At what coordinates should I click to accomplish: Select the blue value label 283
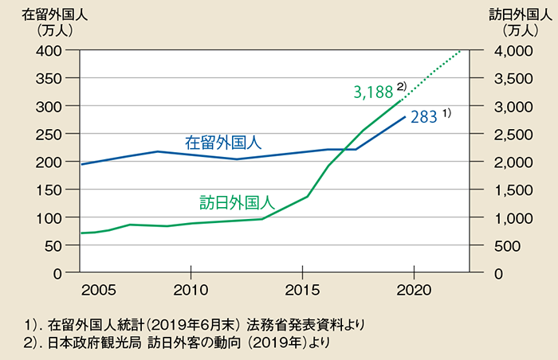point(423,117)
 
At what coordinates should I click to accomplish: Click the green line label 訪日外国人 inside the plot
point(237,201)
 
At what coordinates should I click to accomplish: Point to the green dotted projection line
point(434,73)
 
